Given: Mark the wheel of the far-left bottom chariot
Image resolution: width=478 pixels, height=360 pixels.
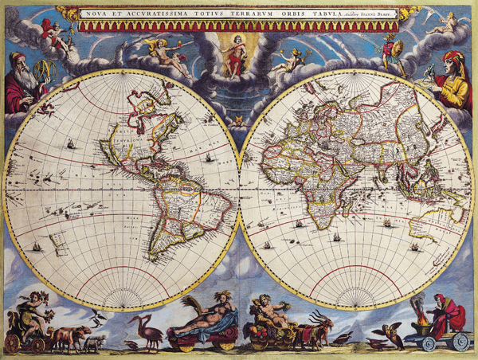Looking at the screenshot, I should coord(12,342).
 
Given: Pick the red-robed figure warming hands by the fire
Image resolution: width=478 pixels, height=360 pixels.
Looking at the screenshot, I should coord(442,315).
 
